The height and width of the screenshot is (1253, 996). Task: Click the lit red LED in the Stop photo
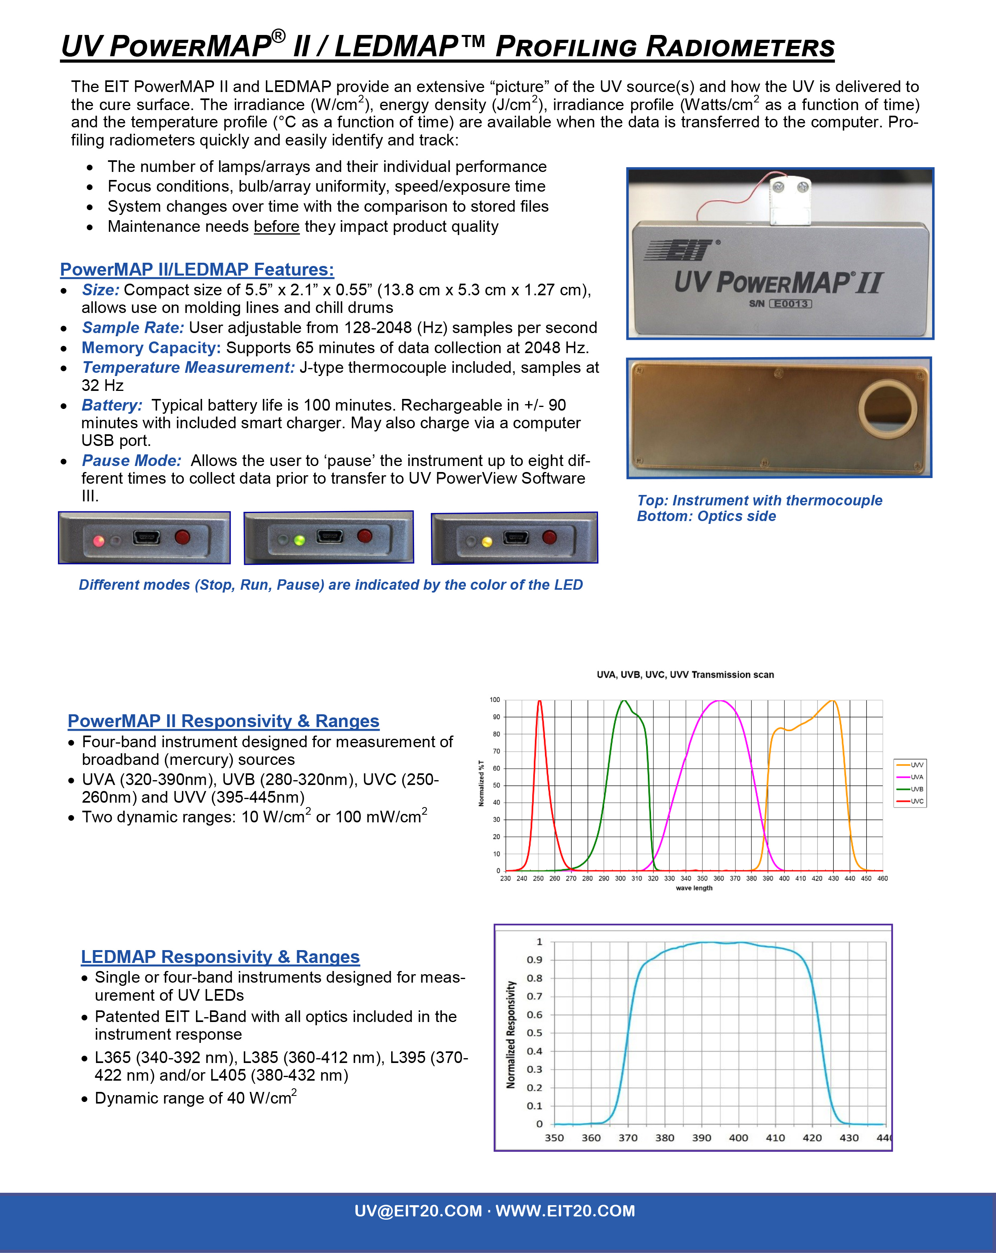[99, 541]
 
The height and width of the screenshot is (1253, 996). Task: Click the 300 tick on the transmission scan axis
[620, 878]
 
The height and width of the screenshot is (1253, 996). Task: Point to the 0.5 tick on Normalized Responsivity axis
[534, 1033]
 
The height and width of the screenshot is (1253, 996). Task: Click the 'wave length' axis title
[694, 887]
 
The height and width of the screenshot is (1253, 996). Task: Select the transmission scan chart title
[685, 675]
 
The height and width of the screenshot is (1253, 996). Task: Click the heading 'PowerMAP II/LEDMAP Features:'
[197, 270]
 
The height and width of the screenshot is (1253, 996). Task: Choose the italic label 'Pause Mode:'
[131, 460]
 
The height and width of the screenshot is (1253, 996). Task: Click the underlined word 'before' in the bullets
[277, 227]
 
